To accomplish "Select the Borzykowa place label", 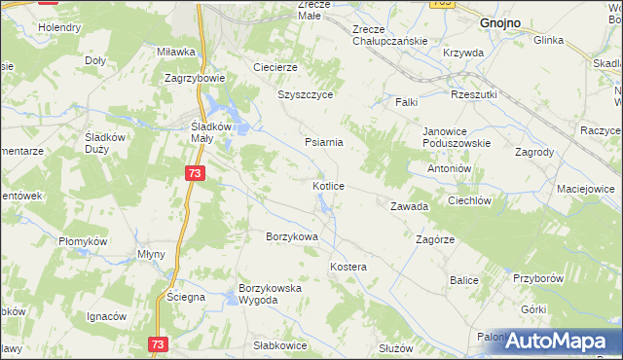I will click(x=292, y=236).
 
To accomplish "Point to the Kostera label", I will click(x=348, y=267).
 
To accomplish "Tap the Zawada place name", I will click(x=409, y=206).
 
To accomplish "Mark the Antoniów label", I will click(x=450, y=167).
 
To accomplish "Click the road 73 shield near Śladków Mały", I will click(x=195, y=172).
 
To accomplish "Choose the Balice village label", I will click(x=463, y=280).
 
